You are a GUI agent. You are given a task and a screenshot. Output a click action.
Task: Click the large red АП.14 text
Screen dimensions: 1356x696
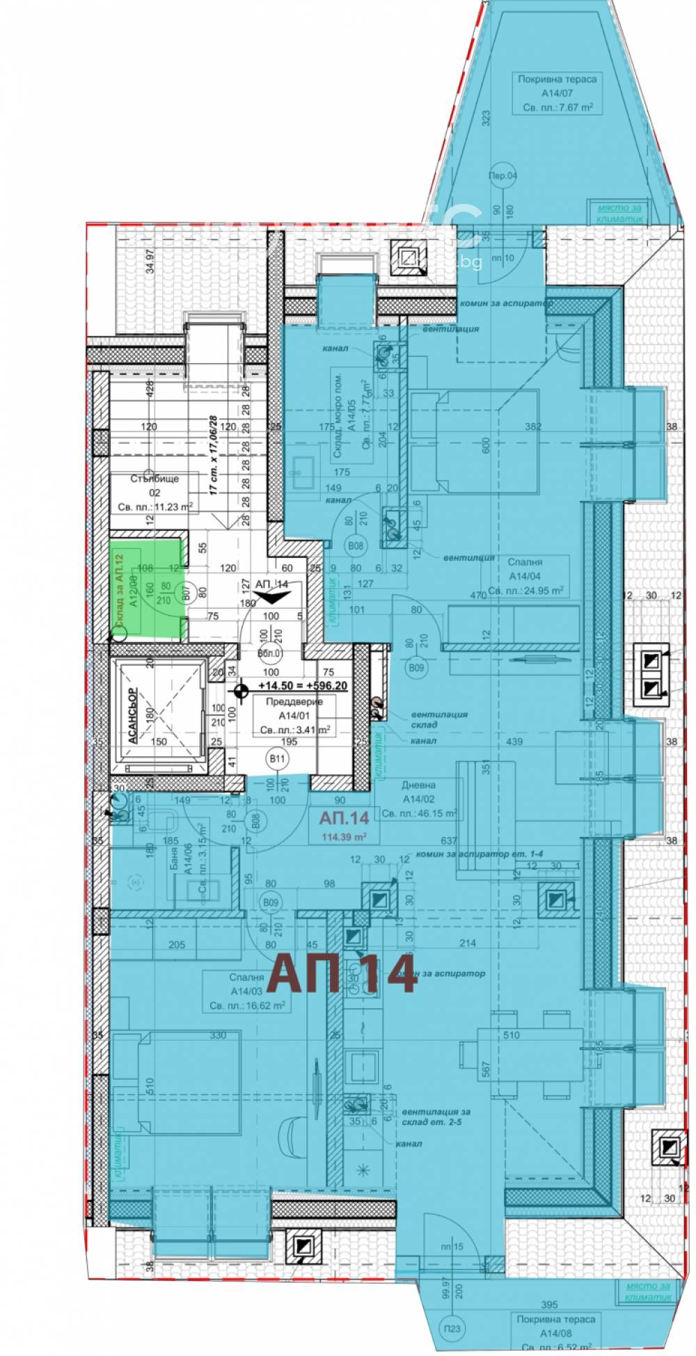click(343, 973)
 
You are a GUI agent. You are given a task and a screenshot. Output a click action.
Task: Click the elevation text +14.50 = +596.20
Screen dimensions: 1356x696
click(301, 685)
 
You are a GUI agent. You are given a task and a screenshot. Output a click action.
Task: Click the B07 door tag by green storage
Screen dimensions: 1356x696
click(185, 593)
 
